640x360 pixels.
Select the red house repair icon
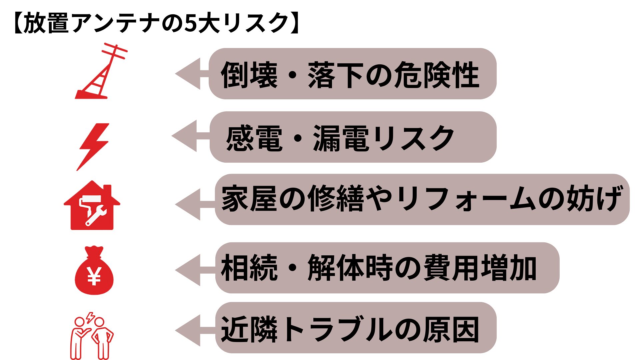[x=92, y=207]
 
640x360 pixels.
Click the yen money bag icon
[x=94, y=272]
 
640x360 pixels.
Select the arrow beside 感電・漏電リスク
[x=187, y=136]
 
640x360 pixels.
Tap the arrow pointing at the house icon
[x=190, y=204]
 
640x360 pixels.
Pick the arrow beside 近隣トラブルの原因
[x=190, y=330]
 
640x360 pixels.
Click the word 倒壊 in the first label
[x=249, y=75]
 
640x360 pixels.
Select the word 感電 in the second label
[x=254, y=138]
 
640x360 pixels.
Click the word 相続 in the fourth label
[x=249, y=268]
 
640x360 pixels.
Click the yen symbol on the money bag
[x=94, y=277]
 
